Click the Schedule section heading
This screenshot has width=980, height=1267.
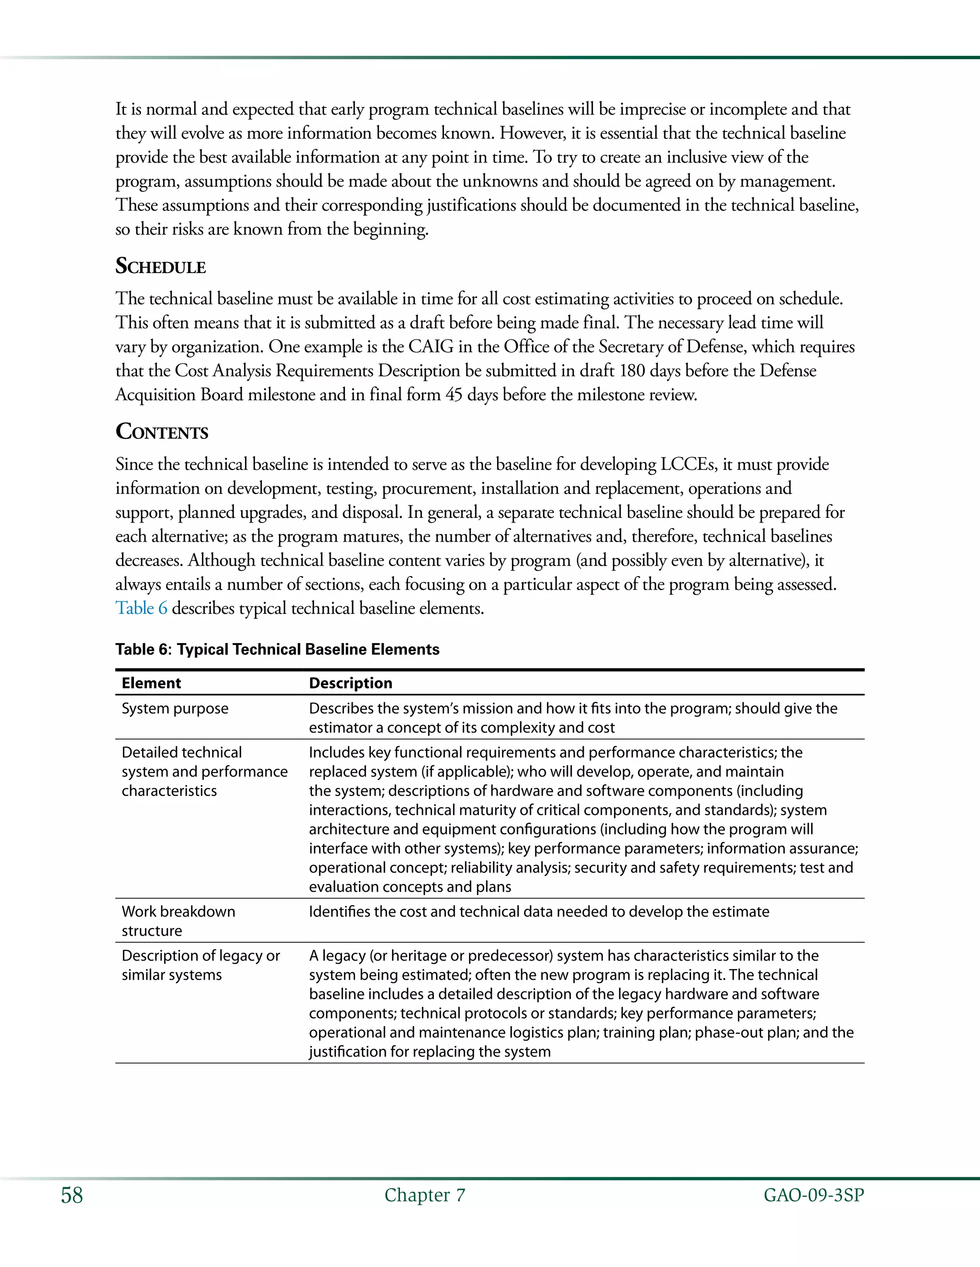pyautogui.click(x=160, y=266)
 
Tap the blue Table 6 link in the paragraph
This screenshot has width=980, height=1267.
pyautogui.click(x=141, y=608)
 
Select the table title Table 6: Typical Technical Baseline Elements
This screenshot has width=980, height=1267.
pyautogui.click(x=277, y=649)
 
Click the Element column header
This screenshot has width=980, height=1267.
pyautogui.click(x=151, y=683)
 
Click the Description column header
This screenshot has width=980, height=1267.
pyautogui.click(x=350, y=683)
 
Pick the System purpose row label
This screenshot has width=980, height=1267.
pyautogui.click(x=175, y=709)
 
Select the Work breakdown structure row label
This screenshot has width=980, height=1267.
pyautogui.click(x=178, y=921)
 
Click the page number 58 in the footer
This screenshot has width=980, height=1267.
pyautogui.click(x=72, y=1195)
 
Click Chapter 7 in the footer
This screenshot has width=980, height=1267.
pyautogui.click(x=424, y=1195)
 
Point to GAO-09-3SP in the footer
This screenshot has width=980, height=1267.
pyautogui.click(x=813, y=1195)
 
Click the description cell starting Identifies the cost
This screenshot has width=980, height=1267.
pyautogui.click(x=539, y=911)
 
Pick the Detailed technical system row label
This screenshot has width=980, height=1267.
pyautogui.click(x=204, y=771)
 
